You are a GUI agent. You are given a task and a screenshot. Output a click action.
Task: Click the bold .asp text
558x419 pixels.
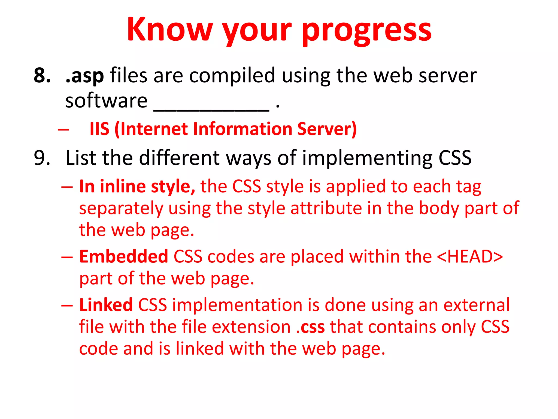(x=85, y=76)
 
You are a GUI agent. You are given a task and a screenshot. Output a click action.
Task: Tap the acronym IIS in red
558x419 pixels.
(x=99, y=129)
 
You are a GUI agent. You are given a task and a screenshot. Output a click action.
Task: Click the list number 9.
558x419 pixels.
(x=42, y=158)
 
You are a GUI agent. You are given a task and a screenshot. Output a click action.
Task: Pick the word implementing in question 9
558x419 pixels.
(x=367, y=158)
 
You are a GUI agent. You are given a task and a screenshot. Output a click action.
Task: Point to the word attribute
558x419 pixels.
(x=326, y=208)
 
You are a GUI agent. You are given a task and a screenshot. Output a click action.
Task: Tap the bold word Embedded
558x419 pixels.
(x=123, y=257)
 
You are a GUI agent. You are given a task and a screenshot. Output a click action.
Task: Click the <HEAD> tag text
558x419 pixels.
(x=470, y=257)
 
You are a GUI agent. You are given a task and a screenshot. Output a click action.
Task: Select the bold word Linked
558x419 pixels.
(x=106, y=305)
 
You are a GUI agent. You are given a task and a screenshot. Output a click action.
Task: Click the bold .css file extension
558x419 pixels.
(x=310, y=327)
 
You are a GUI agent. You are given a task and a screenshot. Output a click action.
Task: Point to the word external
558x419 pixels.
(x=477, y=305)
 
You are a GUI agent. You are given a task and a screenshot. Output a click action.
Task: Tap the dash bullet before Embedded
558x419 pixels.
(x=67, y=257)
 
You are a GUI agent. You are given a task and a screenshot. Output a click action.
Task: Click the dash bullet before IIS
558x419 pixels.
(x=63, y=129)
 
